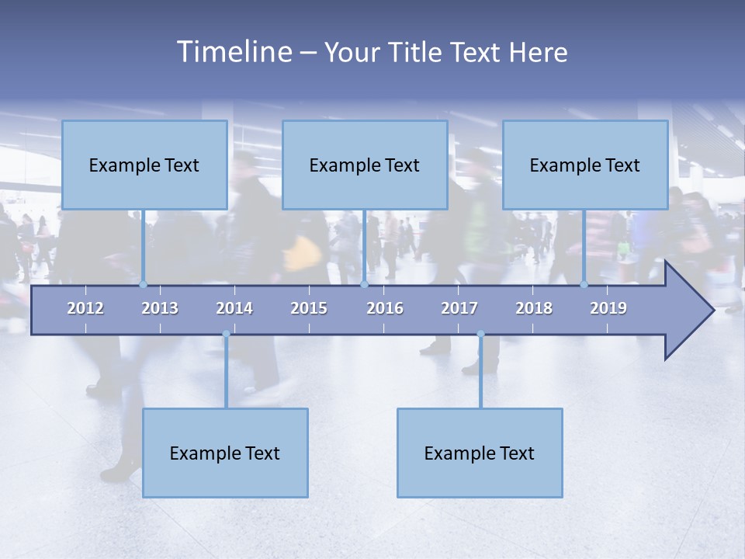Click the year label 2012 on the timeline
85,309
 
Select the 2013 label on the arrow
160,309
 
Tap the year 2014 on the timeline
234,309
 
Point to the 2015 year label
309,309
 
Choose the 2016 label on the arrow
385,309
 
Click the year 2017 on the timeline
459,309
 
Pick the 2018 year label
534,309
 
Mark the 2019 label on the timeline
608,309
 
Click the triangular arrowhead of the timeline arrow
688,311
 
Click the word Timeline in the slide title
234,52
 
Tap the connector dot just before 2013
143,284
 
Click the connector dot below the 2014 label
226,334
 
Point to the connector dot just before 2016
364,284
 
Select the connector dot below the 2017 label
480,334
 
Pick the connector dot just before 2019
584,284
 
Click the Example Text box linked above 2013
144,165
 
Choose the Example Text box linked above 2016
365,165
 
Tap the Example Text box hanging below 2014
225,453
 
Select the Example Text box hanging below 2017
480,453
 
